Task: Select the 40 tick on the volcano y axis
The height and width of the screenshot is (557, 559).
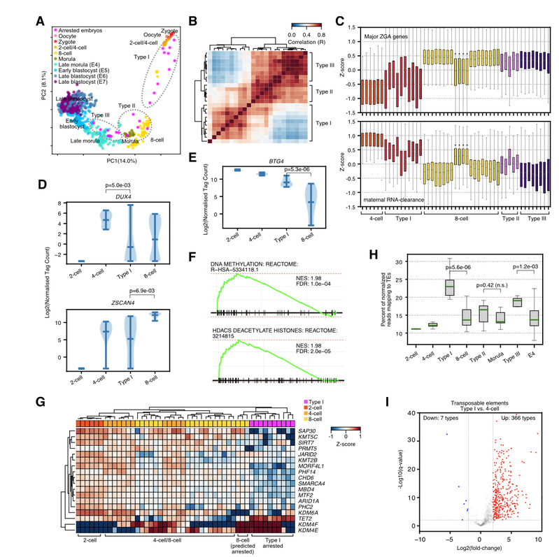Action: pyautogui.click(x=404, y=412)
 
